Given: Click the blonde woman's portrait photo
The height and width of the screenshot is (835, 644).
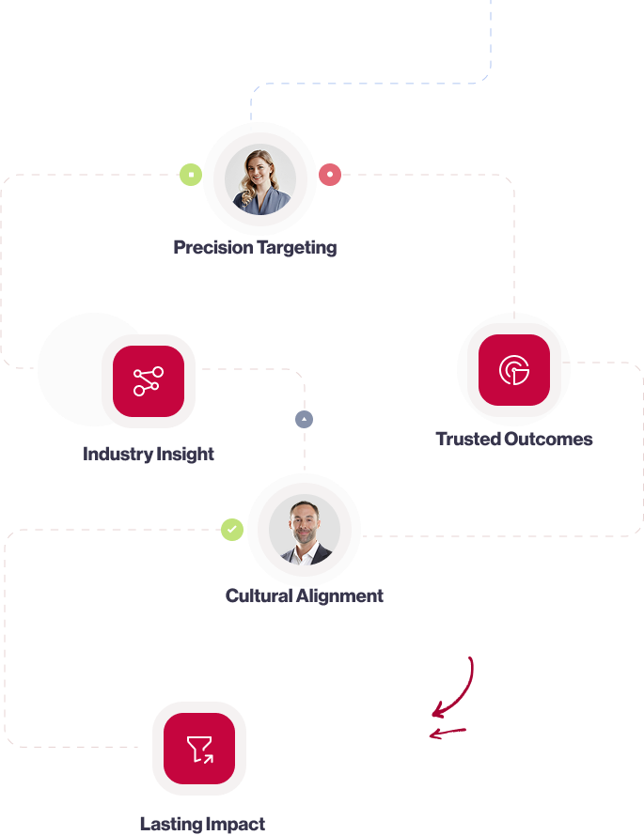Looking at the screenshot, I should click(260, 178).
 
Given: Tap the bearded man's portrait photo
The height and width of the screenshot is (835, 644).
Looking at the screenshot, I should click(304, 530).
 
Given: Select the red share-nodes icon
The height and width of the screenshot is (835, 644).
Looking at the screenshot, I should click(148, 381).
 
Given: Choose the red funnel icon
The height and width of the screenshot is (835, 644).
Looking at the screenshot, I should click(199, 749).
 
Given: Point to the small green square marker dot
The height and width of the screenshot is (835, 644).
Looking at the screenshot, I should click(191, 175).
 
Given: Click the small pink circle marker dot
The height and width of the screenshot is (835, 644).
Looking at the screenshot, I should click(329, 175).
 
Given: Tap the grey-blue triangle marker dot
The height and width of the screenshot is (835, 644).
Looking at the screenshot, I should click(304, 419).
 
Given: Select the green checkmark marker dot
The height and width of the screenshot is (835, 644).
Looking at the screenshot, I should click(232, 530).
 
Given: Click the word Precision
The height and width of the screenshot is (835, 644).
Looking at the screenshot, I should click(213, 248).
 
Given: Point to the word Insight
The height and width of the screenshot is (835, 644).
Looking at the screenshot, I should click(184, 455).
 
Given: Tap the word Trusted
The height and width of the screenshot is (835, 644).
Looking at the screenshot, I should click(466, 440).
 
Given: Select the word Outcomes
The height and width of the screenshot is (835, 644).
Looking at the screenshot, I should click(548, 440).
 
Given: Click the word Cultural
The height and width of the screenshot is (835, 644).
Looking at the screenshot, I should click(259, 596).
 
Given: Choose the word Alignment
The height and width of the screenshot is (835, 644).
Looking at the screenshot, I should click(340, 596).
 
